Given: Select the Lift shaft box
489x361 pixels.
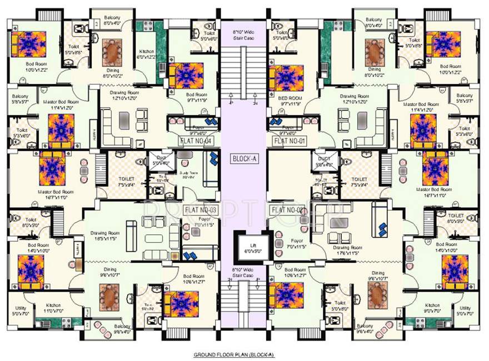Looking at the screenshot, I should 248,247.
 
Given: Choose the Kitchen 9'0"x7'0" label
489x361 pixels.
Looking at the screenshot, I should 432,308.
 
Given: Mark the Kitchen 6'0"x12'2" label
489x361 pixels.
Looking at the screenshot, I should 147,54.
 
